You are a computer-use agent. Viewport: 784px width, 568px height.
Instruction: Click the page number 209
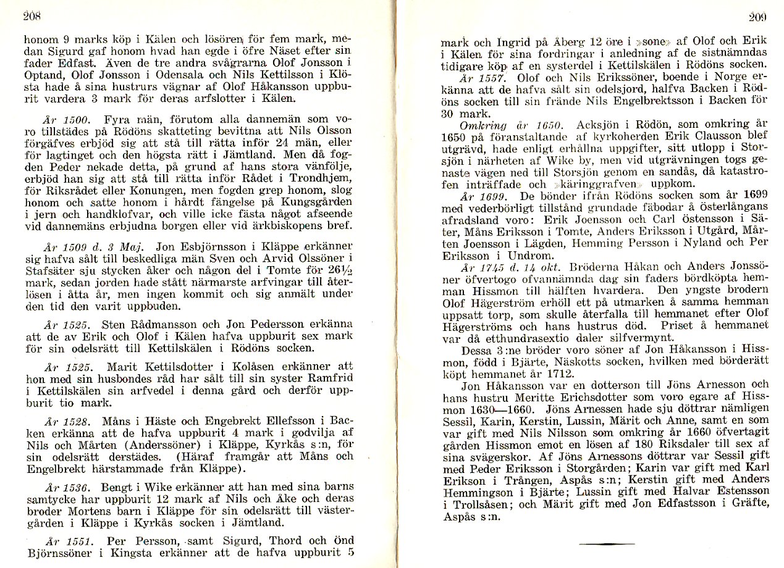click(757, 17)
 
